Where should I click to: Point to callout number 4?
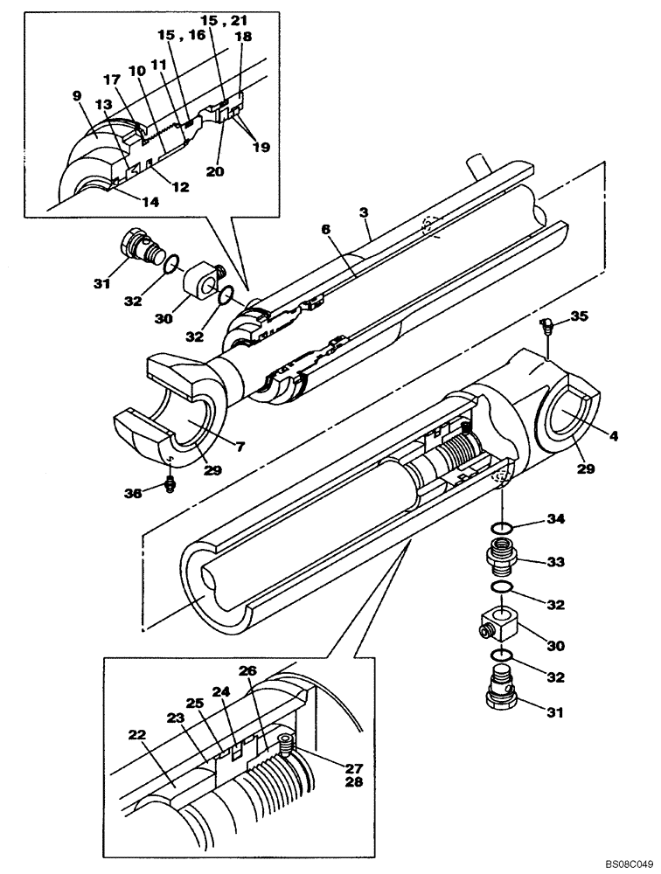coord(614,434)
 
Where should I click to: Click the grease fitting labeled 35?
coord(546,327)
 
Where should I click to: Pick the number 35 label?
coord(580,316)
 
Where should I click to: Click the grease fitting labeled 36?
coord(170,483)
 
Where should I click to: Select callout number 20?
coord(215,171)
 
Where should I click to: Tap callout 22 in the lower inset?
coord(137,736)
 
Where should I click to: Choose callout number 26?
coord(248,670)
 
